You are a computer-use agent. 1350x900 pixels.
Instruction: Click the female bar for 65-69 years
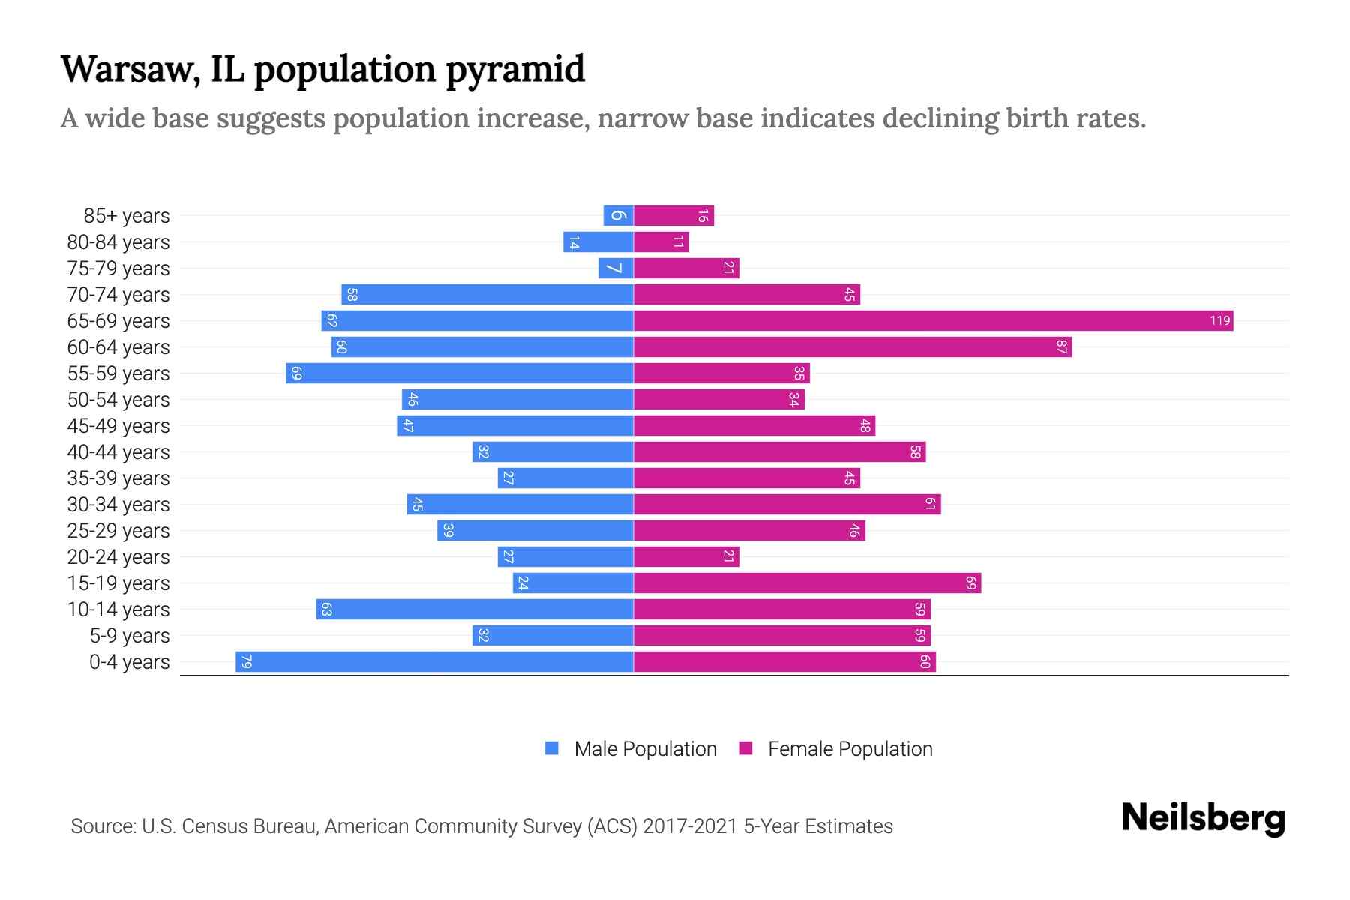click(x=933, y=321)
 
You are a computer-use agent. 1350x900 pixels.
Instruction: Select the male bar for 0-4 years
click(x=434, y=662)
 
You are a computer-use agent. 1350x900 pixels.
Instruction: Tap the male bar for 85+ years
click(x=618, y=216)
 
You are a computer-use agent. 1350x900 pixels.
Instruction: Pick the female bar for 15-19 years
click(x=807, y=583)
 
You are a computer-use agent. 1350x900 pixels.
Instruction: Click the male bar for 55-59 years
click(x=459, y=373)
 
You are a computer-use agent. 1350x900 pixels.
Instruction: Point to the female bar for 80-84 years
click(x=661, y=242)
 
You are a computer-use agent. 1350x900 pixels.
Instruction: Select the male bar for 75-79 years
click(x=615, y=268)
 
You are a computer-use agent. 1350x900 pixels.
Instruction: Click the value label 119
click(x=1219, y=321)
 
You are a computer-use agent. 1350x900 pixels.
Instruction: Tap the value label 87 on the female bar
click(x=1061, y=347)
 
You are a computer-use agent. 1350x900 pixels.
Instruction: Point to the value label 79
click(x=246, y=662)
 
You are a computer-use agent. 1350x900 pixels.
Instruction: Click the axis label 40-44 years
click(x=118, y=452)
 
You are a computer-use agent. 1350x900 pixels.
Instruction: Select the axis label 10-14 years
click(x=118, y=610)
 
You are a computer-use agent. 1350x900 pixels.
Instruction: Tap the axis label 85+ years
click(x=127, y=216)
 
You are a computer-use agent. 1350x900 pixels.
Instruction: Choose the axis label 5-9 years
click(x=130, y=636)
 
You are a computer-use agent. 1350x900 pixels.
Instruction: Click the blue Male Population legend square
click(x=552, y=748)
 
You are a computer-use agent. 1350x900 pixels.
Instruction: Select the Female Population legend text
click(x=850, y=749)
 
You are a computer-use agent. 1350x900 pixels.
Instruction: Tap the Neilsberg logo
click(x=1203, y=818)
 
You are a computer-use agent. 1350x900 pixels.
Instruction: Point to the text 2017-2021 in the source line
click(x=690, y=826)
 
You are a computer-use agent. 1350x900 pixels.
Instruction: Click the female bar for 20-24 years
click(x=686, y=557)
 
